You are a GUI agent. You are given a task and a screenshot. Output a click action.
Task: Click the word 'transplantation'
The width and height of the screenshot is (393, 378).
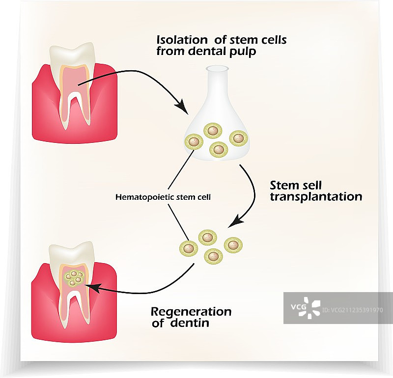[316, 197]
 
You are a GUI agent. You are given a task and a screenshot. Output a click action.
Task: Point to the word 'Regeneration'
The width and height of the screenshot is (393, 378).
[191, 312]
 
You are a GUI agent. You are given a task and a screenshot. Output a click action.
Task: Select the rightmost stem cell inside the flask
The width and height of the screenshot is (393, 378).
[237, 138]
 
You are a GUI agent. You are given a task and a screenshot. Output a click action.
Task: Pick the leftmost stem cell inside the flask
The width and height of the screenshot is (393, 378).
[193, 142]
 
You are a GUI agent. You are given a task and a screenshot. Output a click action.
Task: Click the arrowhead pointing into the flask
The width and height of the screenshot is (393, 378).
[182, 106]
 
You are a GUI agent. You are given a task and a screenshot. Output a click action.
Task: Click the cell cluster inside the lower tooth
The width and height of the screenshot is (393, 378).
[75, 278]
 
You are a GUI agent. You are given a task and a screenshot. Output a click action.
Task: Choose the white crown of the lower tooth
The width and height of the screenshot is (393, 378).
[74, 250]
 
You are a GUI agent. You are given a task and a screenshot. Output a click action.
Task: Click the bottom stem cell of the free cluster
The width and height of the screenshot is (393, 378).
[213, 255]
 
